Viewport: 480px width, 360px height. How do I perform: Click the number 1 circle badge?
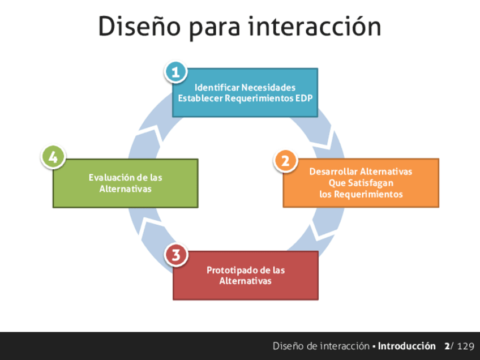pos(175,72)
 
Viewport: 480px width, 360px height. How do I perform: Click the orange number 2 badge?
pos(285,161)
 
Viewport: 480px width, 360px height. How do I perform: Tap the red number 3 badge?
pos(176,255)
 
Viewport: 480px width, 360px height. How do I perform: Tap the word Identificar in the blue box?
pos(217,88)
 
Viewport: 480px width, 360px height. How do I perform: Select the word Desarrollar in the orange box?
pos(333,172)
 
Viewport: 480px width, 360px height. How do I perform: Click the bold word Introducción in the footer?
pos(407,346)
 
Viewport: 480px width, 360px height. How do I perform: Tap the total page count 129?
pos(466,346)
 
